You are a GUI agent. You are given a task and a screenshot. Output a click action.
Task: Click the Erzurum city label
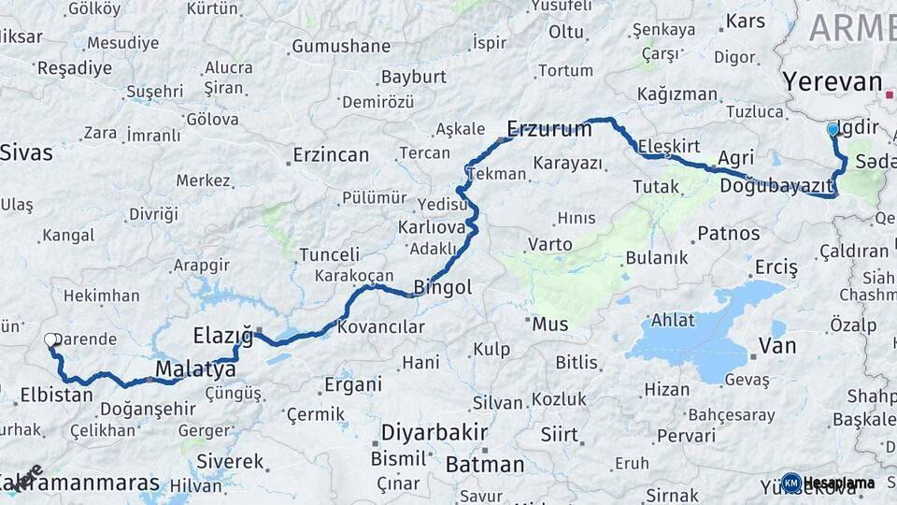click(x=549, y=129)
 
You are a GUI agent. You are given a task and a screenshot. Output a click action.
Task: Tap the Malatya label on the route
click(x=196, y=370)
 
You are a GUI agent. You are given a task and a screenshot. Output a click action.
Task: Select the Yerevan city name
click(x=832, y=81)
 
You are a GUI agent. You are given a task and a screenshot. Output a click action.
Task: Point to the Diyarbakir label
click(x=434, y=433)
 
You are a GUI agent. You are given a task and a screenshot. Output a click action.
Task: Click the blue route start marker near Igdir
click(x=833, y=129)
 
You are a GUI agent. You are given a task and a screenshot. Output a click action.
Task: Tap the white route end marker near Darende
click(x=50, y=340)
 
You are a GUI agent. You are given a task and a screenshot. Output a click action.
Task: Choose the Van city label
click(x=777, y=346)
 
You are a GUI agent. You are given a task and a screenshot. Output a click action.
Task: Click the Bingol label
click(x=442, y=287)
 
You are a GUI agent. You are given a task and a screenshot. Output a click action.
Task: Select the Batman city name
click(x=485, y=464)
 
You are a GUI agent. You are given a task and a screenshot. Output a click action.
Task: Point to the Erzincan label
click(x=331, y=155)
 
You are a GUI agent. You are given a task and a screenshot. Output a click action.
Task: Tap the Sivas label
click(x=27, y=153)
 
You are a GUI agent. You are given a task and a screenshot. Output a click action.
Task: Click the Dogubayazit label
click(x=776, y=186)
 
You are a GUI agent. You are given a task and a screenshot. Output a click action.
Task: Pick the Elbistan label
click(x=56, y=395)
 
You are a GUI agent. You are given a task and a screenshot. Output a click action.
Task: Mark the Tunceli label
click(x=329, y=254)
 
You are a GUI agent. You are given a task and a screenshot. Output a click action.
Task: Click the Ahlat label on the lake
click(x=673, y=319)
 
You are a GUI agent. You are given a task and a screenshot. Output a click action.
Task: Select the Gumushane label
click(x=341, y=46)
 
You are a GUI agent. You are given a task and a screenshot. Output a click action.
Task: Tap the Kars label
click(x=745, y=21)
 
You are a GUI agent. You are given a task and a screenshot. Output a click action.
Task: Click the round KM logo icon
click(x=791, y=483)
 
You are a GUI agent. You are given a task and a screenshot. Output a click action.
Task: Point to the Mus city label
click(x=549, y=325)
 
